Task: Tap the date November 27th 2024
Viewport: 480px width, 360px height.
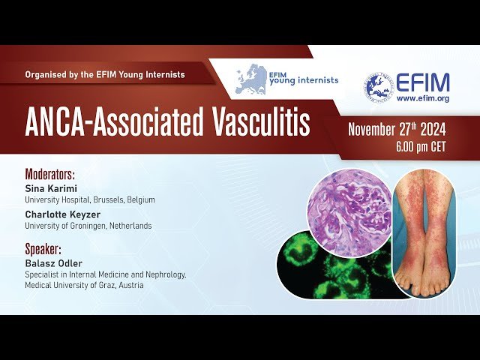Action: coord(397,130)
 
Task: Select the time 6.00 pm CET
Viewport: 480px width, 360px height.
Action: coord(421,147)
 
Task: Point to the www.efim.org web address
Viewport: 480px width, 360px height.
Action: coord(422,98)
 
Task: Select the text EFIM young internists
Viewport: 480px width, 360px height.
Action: coord(304,79)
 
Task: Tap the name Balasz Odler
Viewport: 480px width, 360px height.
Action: coord(55,263)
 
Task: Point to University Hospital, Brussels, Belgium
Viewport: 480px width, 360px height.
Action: coord(89,199)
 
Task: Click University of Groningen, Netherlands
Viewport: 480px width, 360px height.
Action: coord(88,226)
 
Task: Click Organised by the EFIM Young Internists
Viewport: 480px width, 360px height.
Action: coord(104,75)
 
